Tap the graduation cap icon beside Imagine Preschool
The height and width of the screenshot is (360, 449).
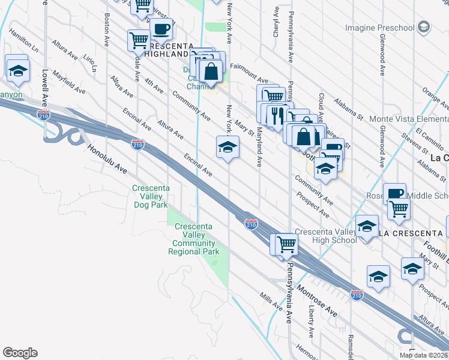[x=424, y=26]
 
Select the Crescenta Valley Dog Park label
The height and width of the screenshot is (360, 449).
[x=150, y=196]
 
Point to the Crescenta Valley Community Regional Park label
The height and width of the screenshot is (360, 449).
[x=194, y=239]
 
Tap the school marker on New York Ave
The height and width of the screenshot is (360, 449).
[x=228, y=147]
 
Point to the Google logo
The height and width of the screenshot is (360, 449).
[x=20, y=353]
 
